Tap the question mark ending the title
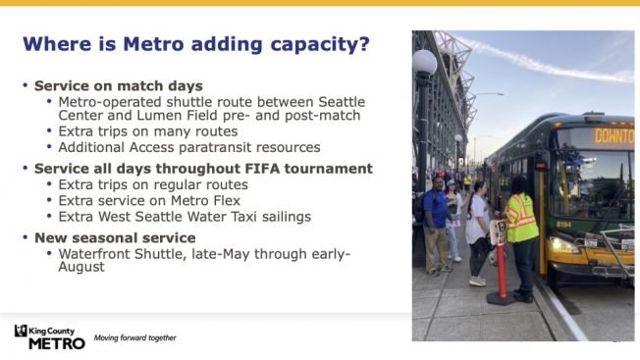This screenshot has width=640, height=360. point(364,44)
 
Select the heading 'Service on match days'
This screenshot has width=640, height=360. point(119,86)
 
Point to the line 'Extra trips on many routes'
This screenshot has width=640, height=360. point(148,131)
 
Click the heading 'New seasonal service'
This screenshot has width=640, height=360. point(115,237)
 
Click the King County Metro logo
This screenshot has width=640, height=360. point(49,336)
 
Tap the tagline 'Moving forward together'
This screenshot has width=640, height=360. point(134,338)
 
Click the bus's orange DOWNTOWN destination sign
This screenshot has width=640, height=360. point(613,135)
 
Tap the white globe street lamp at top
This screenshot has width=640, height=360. point(424,64)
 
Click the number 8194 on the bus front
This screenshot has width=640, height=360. point(563,224)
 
